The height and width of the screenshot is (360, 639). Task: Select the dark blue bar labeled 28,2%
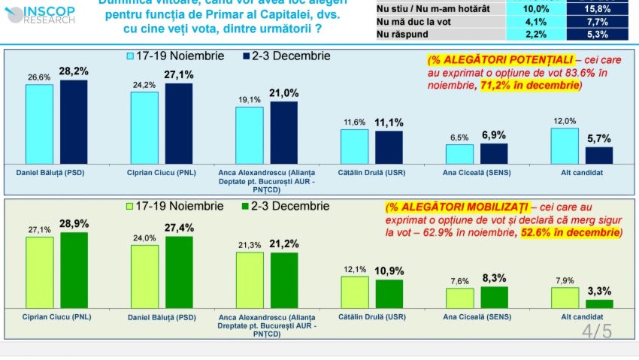pyautogui.click(x=74, y=121)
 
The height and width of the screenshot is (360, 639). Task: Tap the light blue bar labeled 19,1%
pyautogui.click(x=250, y=135)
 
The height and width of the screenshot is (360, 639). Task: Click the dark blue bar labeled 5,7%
pyautogui.click(x=599, y=155)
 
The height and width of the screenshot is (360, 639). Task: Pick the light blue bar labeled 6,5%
pyautogui.click(x=459, y=153)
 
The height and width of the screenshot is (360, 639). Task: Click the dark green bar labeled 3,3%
pyautogui.click(x=599, y=304)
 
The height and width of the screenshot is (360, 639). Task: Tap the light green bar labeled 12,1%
pyautogui.click(x=355, y=292)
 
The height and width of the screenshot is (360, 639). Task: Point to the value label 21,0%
pyautogui.click(x=284, y=93)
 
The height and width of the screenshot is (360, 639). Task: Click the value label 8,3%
pyautogui.click(x=494, y=278)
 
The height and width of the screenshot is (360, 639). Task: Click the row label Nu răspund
pyautogui.click(x=399, y=34)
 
